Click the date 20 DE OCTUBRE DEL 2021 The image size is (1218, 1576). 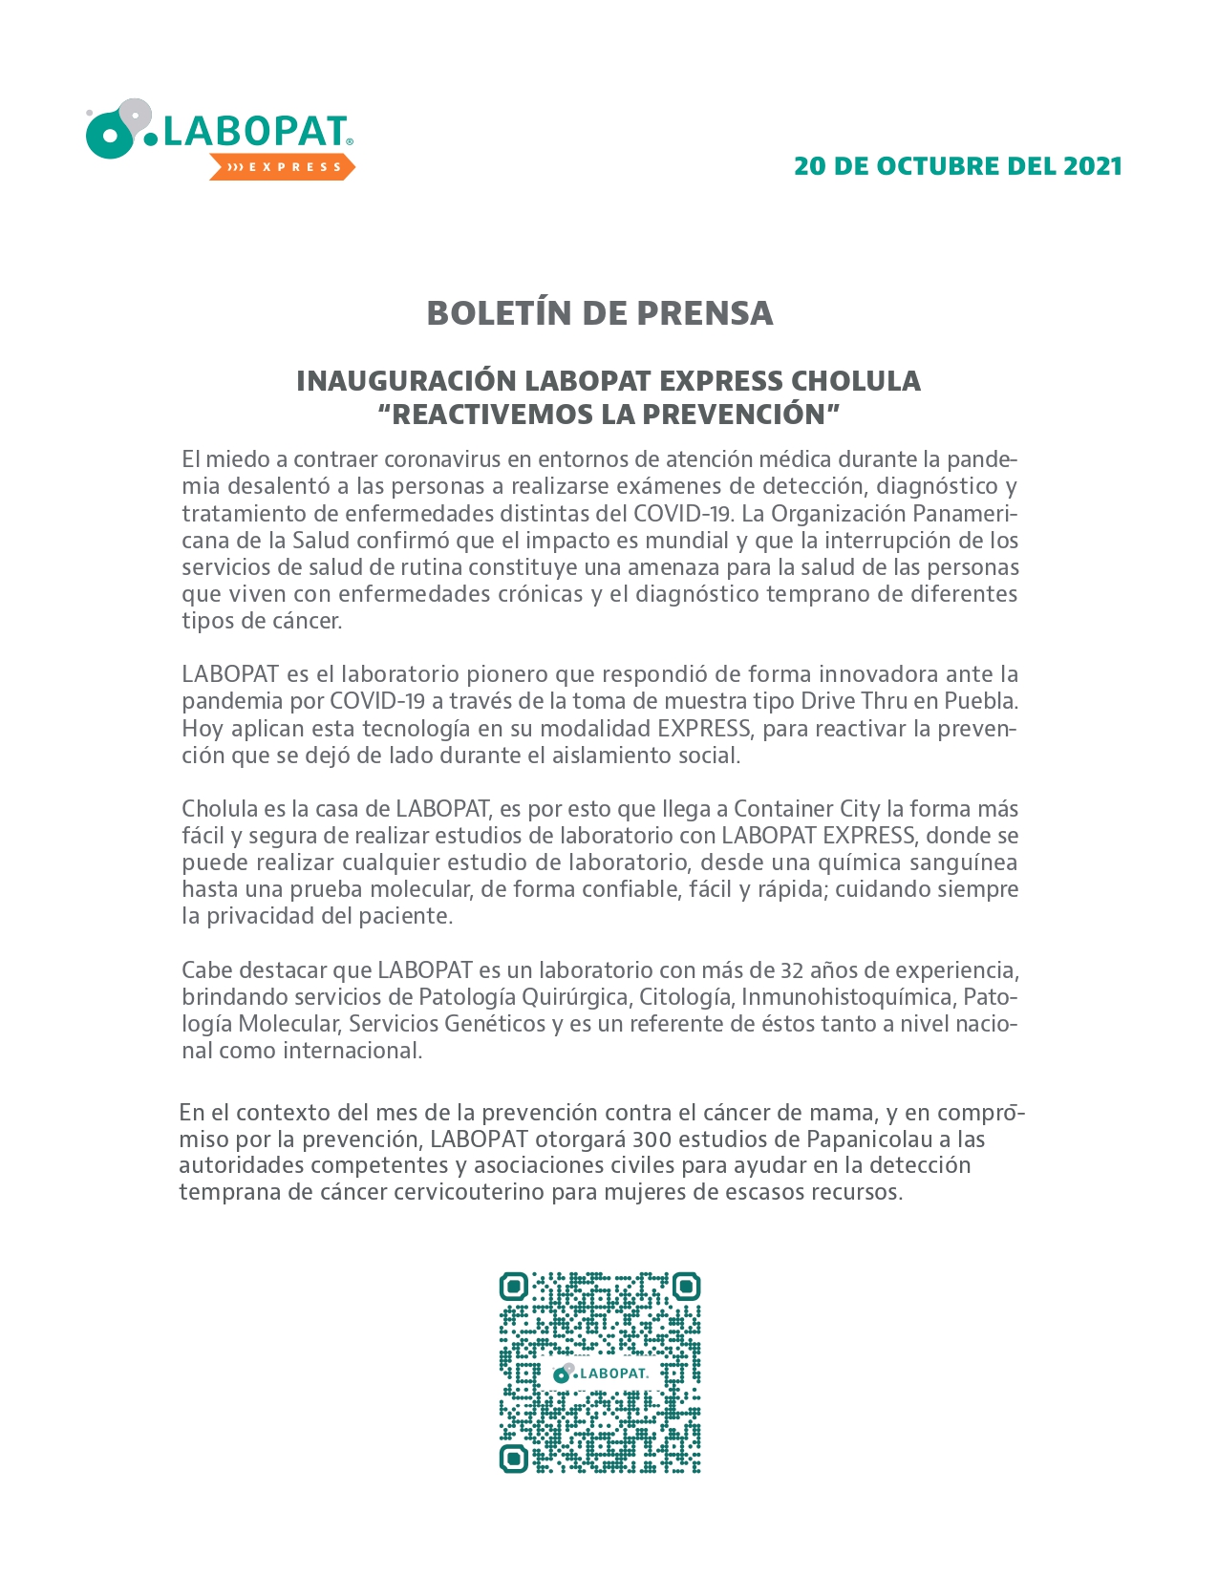pyautogui.click(x=957, y=166)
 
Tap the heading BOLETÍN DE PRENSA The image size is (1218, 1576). pyautogui.click(x=599, y=313)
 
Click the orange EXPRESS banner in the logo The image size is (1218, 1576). pyautogui.click(x=283, y=167)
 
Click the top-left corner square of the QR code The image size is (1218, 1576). pyautogui.click(x=514, y=1287)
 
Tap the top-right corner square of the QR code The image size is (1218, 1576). pyautogui.click(x=686, y=1287)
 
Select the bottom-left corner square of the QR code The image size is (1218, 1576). pyautogui.click(x=514, y=1459)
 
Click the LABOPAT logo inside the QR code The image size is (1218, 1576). pyautogui.click(x=600, y=1373)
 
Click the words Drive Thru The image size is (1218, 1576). pyautogui.click(x=853, y=700)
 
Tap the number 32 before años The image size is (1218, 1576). pyautogui.click(x=792, y=969)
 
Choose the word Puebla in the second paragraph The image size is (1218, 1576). pyautogui.click(x=980, y=700)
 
